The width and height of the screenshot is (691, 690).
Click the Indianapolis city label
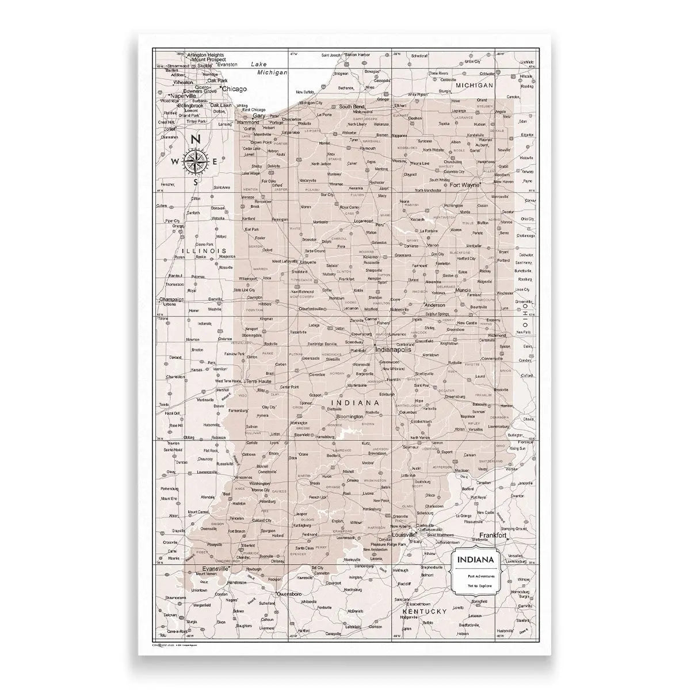click(x=394, y=349)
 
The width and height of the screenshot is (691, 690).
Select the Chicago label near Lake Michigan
click(x=234, y=89)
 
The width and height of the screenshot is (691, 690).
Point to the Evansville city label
click(x=212, y=568)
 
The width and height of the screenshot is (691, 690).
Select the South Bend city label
click(x=351, y=107)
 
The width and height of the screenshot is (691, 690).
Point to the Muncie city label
click(x=463, y=290)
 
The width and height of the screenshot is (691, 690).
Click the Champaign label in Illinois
click(x=171, y=300)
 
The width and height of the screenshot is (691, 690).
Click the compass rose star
click(x=196, y=162)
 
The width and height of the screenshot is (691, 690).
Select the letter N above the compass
click(x=196, y=139)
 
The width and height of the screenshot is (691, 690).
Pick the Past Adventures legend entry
click(x=477, y=575)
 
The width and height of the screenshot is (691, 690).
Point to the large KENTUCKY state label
click(x=425, y=611)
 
